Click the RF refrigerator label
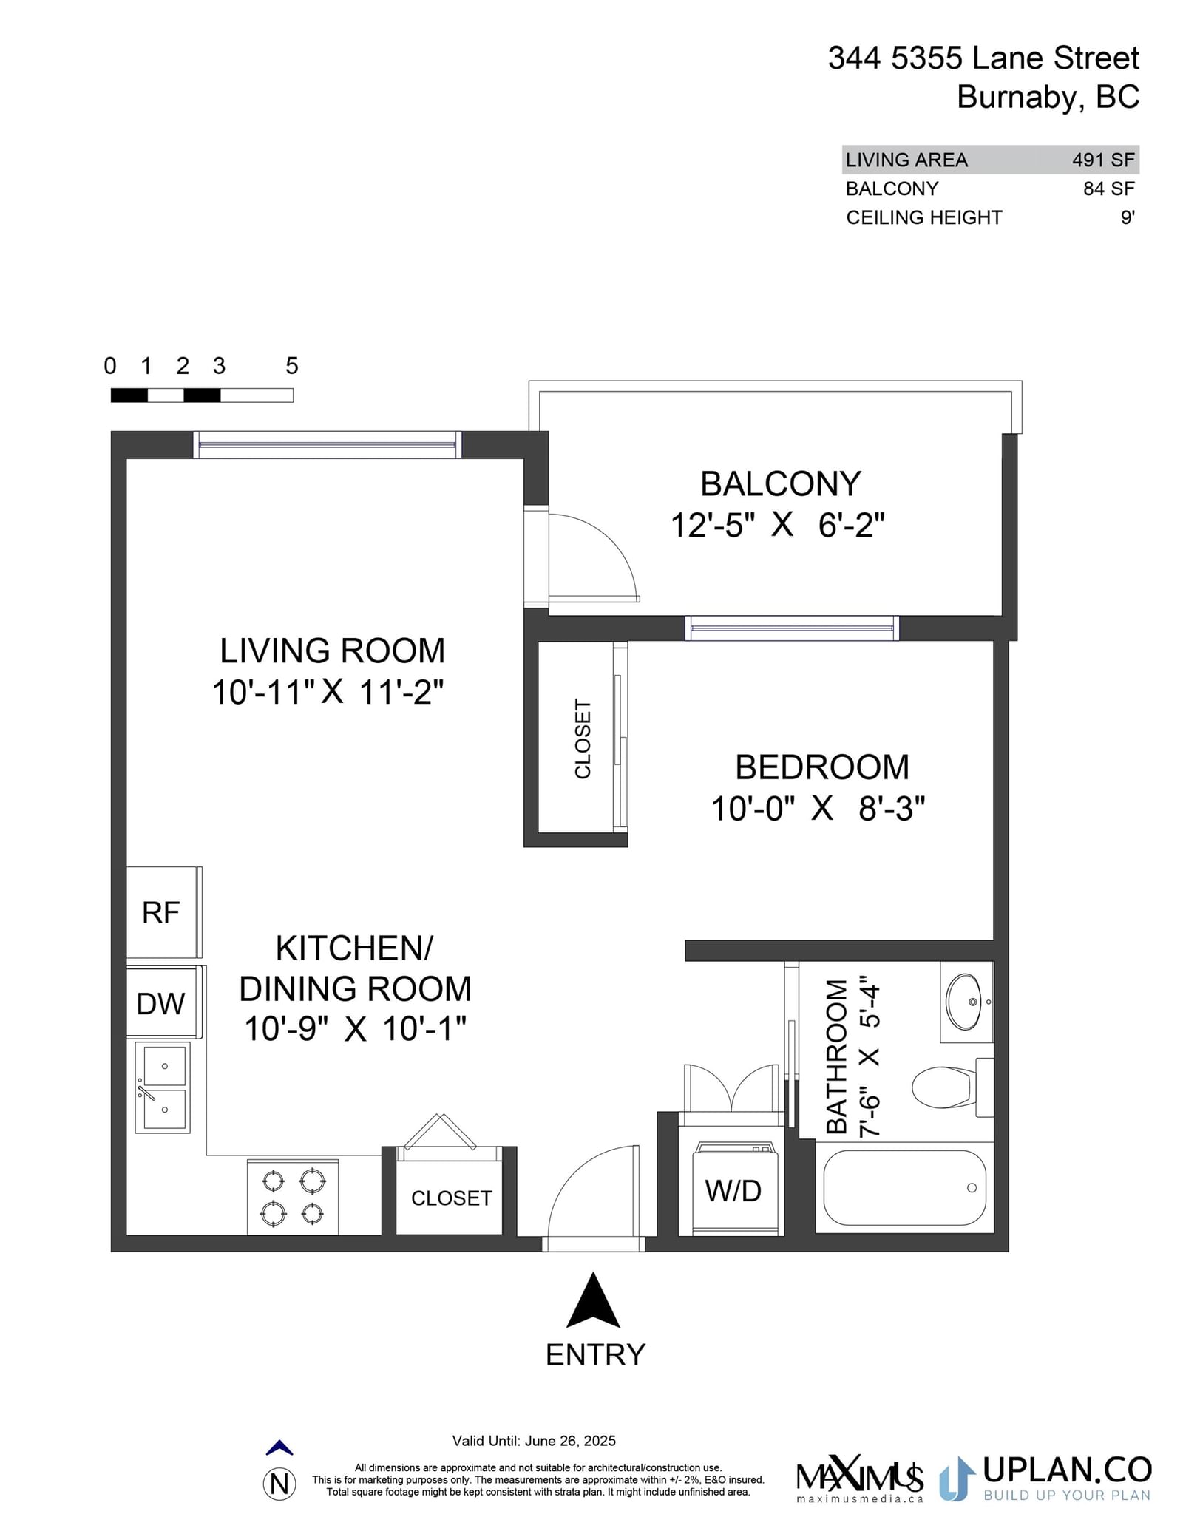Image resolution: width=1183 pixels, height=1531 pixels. coord(161,913)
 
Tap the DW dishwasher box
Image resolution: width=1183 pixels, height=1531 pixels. coord(164,1002)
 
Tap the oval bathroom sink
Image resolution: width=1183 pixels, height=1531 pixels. coord(965,1002)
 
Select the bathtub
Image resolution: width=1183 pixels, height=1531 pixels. coord(904,1188)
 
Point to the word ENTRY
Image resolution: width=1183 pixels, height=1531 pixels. coord(595,1355)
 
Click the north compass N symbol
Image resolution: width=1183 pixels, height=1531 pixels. coord(279,1484)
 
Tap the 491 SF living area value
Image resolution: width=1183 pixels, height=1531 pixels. coord(1103,160)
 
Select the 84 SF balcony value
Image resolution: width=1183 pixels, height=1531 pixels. coord(1109,189)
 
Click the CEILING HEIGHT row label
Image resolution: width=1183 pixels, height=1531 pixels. coord(924,217)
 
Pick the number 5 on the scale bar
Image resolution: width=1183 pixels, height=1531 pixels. coord(292,366)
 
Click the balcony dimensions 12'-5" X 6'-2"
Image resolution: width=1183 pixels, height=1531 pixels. coord(778,526)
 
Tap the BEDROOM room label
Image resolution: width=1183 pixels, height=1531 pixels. coord(822,767)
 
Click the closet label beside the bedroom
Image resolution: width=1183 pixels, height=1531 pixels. coord(583,739)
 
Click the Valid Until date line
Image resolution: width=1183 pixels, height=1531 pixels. coord(534,1441)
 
